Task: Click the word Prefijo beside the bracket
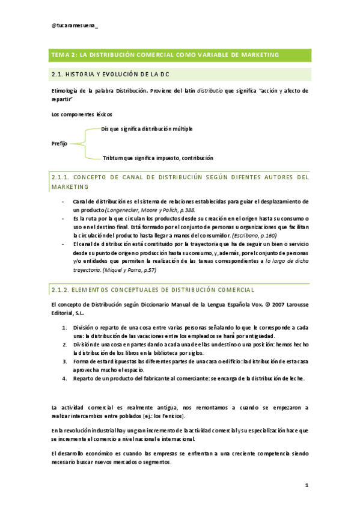tap(59, 144)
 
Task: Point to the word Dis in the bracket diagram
tap(106, 129)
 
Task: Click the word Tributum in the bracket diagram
tap(114, 158)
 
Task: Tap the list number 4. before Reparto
tap(65, 378)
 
